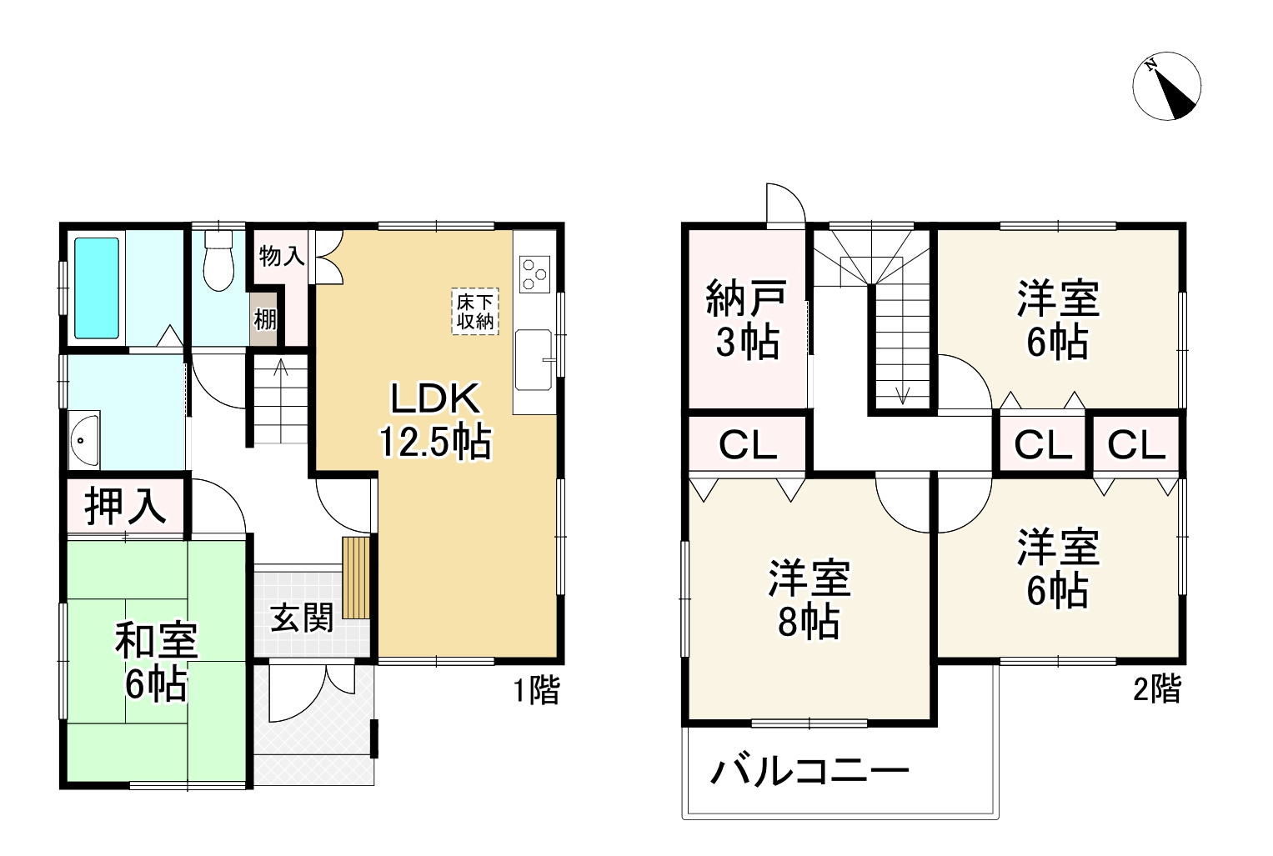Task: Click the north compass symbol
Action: click(x=1167, y=86)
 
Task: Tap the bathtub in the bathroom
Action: click(x=97, y=288)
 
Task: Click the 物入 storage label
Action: click(x=281, y=256)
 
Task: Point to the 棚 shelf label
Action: click(x=265, y=319)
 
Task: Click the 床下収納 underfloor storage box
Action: click(x=475, y=311)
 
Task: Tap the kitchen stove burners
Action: click(x=534, y=273)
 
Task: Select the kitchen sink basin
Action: click(x=533, y=359)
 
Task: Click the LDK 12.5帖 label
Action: click(x=435, y=421)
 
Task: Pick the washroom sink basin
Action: click(x=84, y=439)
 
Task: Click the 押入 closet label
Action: click(x=125, y=505)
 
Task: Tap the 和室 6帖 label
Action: click(x=156, y=663)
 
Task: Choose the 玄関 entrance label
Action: click(x=302, y=618)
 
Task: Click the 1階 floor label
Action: click(x=535, y=690)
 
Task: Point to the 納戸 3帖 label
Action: click(x=746, y=320)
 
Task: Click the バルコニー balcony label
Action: click(x=809, y=772)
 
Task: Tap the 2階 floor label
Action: click(x=1156, y=688)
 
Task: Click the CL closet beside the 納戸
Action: click(x=748, y=445)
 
